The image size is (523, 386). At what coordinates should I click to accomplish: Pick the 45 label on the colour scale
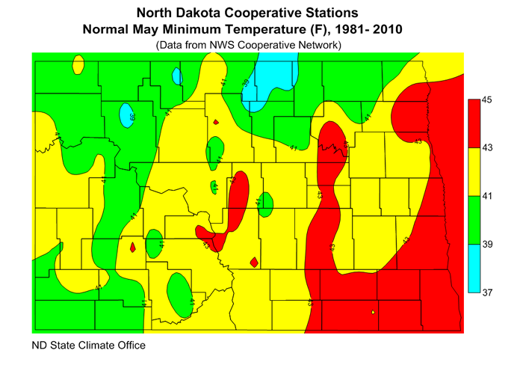[487, 99]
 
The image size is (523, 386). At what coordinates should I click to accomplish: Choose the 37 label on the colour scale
[487, 292]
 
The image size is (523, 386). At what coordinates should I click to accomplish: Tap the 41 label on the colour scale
[487, 196]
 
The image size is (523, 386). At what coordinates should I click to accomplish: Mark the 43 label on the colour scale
[487, 148]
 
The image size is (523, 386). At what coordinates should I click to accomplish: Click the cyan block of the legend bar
[473, 269]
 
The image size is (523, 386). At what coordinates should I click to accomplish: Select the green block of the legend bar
[473, 220]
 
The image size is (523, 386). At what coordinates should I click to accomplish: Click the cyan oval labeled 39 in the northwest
[128, 115]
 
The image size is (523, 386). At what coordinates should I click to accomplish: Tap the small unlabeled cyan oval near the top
[177, 76]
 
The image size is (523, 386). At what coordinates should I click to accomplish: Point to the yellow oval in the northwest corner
[78, 65]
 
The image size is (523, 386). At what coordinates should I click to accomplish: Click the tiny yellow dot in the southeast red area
[372, 312]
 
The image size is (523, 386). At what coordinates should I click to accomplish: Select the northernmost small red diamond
[215, 122]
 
